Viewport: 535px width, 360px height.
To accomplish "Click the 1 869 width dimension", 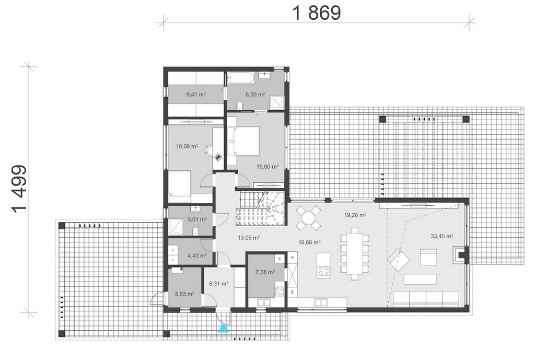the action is point(317,13).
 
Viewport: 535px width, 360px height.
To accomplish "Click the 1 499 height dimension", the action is point(19,189).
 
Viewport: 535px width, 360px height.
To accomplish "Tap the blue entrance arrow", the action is point(223,328).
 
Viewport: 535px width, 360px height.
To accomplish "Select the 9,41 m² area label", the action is point(196,95).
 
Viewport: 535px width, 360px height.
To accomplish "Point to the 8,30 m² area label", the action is point(255,95).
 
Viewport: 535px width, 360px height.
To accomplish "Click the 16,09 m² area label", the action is point(187,146).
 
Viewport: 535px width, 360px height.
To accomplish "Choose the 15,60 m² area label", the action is point(267,167).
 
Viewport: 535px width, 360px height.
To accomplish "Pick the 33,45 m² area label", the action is point(441,236).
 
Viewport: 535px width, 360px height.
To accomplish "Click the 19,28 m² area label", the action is point(355,215).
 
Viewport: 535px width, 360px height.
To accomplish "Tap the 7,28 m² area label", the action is point(265,272).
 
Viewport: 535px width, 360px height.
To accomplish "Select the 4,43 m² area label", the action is point(197,256).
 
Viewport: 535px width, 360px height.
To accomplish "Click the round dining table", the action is point(308,217).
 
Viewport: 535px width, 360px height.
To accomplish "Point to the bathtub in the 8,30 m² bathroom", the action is point(240,78).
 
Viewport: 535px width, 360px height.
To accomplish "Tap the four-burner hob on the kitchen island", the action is point(323,271).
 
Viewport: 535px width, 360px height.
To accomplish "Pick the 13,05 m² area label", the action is point(248,238).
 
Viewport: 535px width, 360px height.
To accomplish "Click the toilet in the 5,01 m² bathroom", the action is point(195,232).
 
